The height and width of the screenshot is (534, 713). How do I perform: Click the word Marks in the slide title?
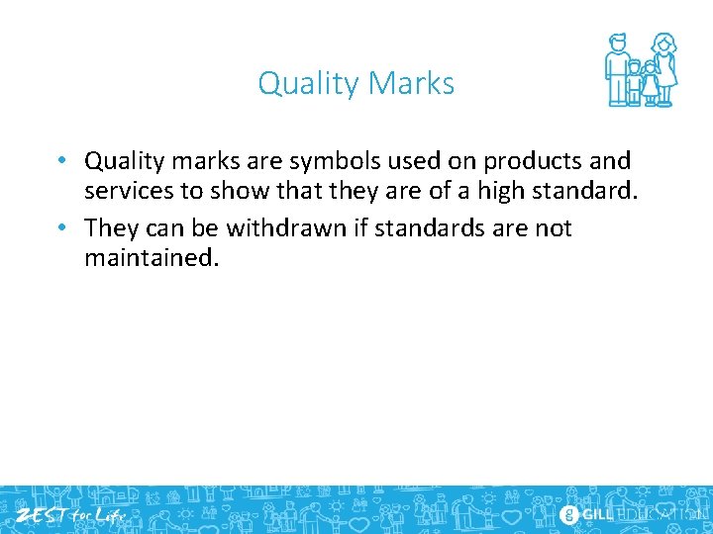(x=416, y=84)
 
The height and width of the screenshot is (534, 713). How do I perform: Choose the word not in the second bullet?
(x=553, y=228)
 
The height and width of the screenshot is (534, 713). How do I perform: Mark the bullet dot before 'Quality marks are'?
(x=61, y=160)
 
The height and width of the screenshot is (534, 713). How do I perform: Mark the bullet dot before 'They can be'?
(x=61, y=228)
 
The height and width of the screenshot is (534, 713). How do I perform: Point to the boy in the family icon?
(x=634, y=84)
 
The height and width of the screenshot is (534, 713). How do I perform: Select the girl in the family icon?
(x=650, y=83)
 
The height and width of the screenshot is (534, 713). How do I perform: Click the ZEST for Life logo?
(x=68, y=514)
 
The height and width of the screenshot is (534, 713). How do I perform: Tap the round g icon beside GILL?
(x=568, y=514)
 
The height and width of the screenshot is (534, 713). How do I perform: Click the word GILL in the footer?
(x=597, y=514)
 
